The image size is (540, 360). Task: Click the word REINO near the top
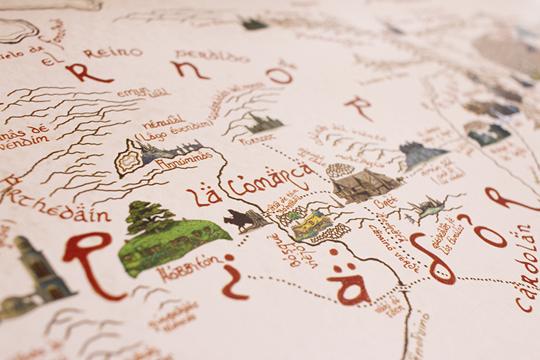click(122, 53)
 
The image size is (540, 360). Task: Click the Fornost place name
click(257, 139)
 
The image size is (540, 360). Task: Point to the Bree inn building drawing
click(364, 184)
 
